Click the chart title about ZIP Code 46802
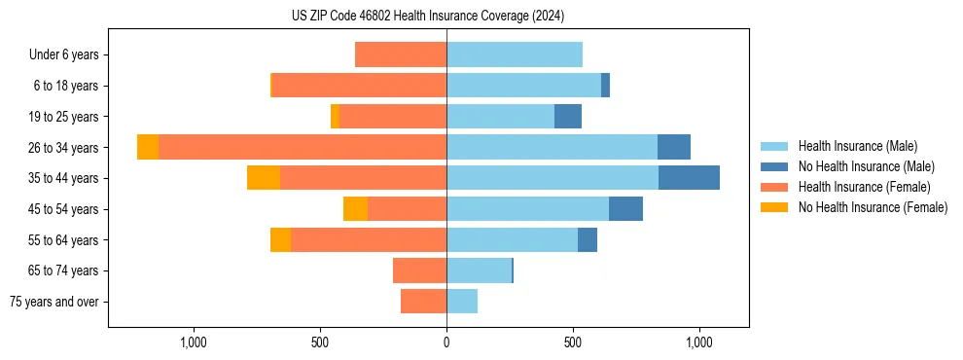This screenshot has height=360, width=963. pos(427,16)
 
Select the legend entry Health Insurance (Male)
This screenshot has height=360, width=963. pos(857,146)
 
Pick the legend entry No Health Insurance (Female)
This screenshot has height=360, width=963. pos(872,207)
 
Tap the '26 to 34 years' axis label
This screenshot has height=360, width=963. pos(63,148)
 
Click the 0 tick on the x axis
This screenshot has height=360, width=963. pos(446,342)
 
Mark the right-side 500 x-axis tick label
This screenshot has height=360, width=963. pos(573,342)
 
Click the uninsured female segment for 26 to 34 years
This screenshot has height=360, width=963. pos(148,147)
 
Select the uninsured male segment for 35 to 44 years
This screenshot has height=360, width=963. pos(689,178)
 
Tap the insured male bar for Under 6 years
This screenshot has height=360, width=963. pos(515,54)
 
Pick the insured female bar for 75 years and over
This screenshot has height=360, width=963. pos(423,302)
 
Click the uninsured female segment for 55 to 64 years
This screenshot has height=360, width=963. pos(280,239)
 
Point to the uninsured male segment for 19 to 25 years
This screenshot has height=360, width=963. pos(568,117)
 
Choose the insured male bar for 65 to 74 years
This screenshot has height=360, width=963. pos(479,270)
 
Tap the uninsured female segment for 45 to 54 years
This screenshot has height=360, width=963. pos(355,209)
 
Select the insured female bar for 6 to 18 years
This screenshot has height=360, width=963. pos(359,86)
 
